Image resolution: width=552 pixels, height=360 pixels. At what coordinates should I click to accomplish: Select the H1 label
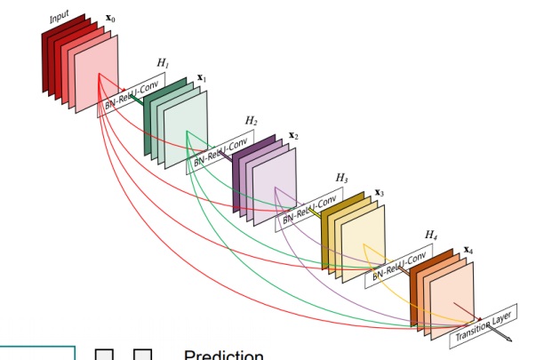[163, 62]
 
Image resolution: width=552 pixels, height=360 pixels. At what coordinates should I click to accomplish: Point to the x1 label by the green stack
[202, 78]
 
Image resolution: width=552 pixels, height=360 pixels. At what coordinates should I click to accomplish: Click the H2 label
[252, 120]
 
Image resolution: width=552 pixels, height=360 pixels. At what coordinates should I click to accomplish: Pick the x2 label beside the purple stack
[293, 136]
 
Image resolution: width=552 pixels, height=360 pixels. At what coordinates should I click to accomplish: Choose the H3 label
[341, 178]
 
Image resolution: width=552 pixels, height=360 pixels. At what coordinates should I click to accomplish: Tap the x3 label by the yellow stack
[380, 192]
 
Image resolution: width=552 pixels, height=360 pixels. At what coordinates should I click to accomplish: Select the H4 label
[430, 234]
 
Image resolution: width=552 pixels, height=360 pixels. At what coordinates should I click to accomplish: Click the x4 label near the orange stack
[468, 250]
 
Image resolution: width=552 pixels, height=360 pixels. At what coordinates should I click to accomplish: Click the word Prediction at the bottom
[223, 355]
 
